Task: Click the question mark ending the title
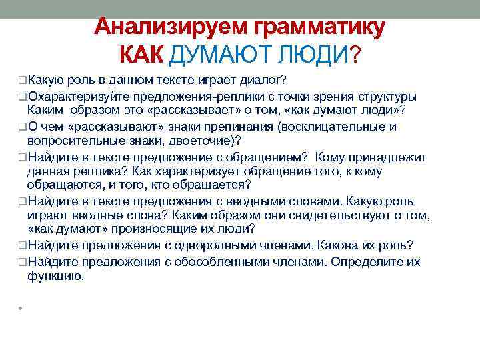(355, 53)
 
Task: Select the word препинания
(239, 127)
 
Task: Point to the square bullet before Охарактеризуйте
(23, 96)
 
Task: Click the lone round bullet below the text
(21, 309)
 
